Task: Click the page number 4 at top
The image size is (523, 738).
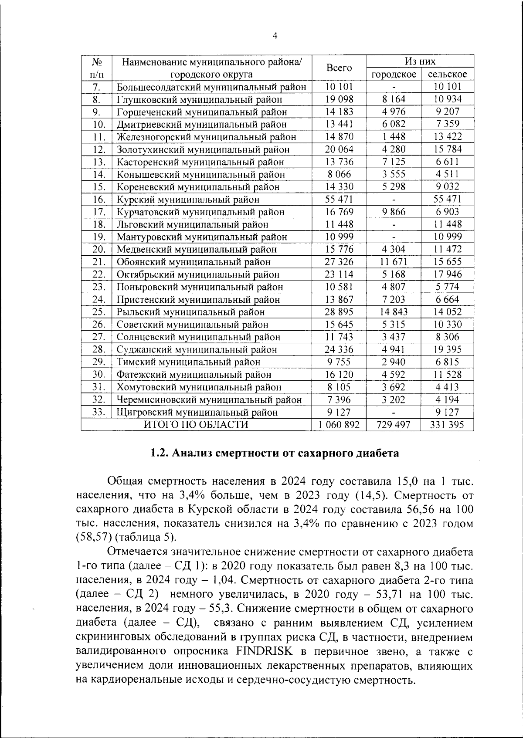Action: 275,36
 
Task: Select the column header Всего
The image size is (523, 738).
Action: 339,68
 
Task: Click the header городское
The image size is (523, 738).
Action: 394,74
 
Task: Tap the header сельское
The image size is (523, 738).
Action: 447,74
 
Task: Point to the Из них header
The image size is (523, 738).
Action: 420,61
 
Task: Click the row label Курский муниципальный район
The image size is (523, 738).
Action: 188,200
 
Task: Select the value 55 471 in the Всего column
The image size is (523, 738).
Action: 339,199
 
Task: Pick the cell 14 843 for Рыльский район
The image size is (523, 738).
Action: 393,312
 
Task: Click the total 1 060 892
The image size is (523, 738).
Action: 339,425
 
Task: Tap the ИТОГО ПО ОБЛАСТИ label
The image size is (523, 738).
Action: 196,425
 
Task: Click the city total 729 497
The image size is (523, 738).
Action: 393,425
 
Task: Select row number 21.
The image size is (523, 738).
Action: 99,262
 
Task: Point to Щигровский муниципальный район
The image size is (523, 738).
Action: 197,412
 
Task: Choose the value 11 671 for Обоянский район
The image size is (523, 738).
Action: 393,262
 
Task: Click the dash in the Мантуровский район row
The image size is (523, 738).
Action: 393,237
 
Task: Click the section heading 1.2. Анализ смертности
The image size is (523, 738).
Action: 274,453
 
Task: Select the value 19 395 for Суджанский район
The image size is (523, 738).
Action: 447,349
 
